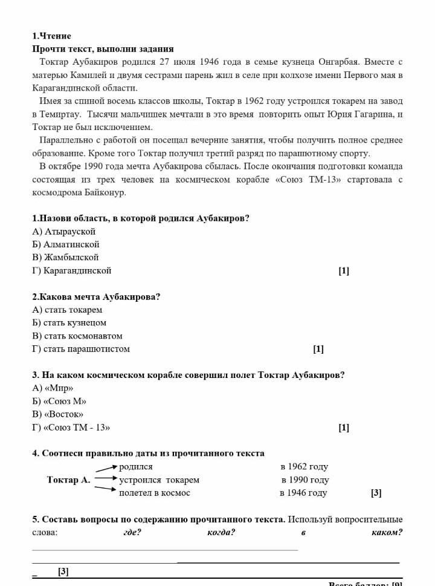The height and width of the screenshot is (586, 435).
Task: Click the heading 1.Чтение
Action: [51, 36]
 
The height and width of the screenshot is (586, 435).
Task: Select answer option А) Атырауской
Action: [63, 231]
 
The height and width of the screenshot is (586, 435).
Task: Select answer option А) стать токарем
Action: [67, 310]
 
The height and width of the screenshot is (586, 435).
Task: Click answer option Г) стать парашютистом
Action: [80, 349]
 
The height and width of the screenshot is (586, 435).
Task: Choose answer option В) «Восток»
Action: [57, 414]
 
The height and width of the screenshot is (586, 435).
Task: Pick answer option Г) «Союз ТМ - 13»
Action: [71, 428]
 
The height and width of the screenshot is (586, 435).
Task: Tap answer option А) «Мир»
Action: [53, 388]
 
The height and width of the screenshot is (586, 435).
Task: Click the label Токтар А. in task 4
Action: [68, 480]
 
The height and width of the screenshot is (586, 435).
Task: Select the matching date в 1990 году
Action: [305, 480]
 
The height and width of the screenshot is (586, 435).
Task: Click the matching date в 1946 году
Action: [303, 493]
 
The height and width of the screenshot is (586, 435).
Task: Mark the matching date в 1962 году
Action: [304, 466]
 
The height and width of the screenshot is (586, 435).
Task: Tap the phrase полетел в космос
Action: [155, 493]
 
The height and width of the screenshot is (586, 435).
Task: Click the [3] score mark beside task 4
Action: [376, 493]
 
